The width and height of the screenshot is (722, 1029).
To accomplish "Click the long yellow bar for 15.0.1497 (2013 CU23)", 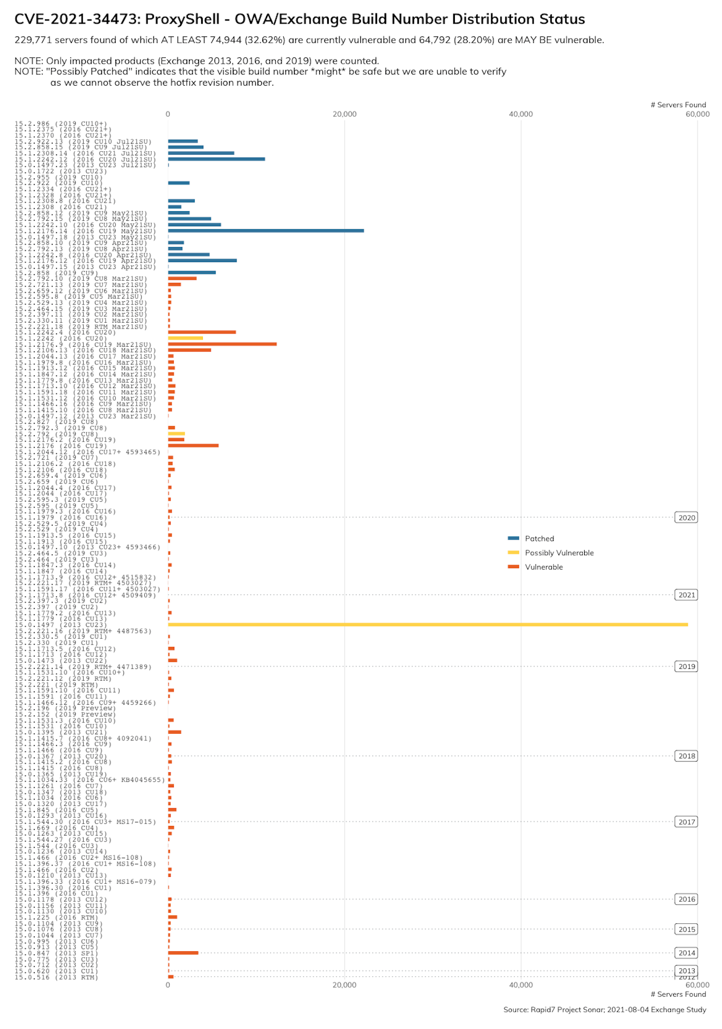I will [x=428, y=624].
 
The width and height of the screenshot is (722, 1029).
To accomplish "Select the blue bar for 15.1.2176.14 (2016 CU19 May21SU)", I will [x=266, y=231].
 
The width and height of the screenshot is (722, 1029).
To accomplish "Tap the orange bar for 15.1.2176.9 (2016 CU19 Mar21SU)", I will [x=222, y=344].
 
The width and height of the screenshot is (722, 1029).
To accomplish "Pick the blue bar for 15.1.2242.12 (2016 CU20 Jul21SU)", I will [x=216, y=159].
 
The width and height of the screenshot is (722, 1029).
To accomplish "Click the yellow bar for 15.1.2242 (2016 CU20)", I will [x=185, y=338].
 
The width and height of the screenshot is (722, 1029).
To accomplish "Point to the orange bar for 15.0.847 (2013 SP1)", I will [x=183, y=952].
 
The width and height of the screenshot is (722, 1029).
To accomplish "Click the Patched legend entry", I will [x=539, y=539].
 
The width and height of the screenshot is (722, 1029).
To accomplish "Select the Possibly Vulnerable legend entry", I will [x=559, y=553].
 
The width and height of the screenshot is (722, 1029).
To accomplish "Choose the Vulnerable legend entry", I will [x=543, y=567].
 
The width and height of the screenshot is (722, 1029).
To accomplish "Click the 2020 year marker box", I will [x=686, y=518].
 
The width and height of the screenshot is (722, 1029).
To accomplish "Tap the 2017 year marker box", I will [x=686, y=822].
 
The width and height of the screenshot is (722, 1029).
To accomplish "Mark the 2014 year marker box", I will [x=686, y=952].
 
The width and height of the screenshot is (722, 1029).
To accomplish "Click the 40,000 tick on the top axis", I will [x=520, y=114].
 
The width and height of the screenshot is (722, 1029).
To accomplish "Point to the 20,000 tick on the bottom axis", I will [x=344, y=985].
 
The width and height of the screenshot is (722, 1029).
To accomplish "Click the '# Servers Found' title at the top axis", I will [x=678, y=105].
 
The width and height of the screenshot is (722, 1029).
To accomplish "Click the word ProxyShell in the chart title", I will [x=182, y=19].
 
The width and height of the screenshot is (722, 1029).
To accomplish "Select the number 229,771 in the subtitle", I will [x=33, y=40].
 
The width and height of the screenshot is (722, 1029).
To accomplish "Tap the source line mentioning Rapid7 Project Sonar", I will [x=604, y=1009].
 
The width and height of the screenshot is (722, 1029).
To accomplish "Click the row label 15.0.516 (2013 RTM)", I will [x=56, y=977].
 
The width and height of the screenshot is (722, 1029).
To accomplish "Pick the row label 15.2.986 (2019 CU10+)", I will [x=61, y=123].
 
